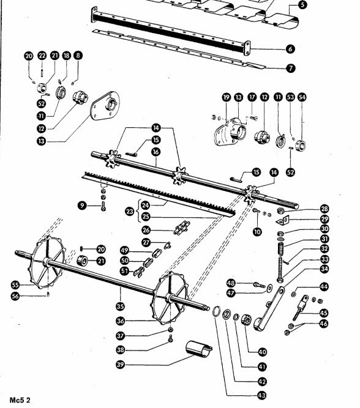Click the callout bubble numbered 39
point(121,365)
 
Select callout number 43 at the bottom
point(262,396)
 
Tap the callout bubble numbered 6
point(290,49)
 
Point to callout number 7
point(291,68)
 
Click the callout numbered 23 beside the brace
point(130,211)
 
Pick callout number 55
point(15,285)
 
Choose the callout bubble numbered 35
point(120,306)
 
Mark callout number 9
point(82,206)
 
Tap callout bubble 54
point(302,97)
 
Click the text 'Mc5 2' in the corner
point(20,400)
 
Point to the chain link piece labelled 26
point(182,227)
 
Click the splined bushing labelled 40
point(246,320)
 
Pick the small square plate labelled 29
point(283,220)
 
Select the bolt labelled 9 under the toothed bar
point(103,206)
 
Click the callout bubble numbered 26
point(146,230)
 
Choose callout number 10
point(257,231)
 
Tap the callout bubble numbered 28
point(324,209)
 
